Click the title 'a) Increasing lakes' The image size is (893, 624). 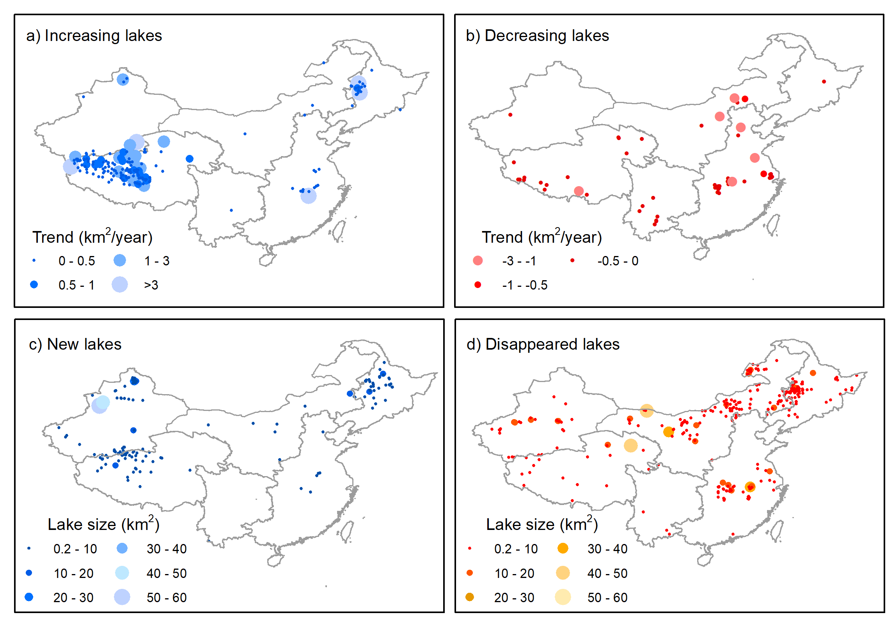click(94, 36)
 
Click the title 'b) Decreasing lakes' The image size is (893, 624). click(537, 36)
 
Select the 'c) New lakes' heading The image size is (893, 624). click(75, 344)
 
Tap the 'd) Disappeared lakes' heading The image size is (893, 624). click(543, 344)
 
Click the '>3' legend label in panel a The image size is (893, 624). click(151, 285)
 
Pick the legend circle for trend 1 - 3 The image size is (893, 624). click(120, 260)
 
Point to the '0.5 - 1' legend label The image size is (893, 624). click(76, 285)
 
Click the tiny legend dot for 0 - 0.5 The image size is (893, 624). click(34, 260)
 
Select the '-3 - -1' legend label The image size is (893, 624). click(519, 261)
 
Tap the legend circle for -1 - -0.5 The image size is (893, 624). click(478, 285)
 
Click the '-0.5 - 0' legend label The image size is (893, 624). click(618, 261)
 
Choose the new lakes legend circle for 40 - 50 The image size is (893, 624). click(122, 573)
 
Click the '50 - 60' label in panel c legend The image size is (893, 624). click(167, 597)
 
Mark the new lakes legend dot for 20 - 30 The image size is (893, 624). click(29, 597)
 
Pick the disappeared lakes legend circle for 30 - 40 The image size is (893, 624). click(563, 548)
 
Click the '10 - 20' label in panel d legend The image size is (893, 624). click(515, 573)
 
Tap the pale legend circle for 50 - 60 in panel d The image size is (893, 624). click(563, 597)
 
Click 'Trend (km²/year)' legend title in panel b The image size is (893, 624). click(541, 237)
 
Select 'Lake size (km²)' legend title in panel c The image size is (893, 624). click(103, 524)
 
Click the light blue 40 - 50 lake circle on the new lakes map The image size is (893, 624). click(103, 402)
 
